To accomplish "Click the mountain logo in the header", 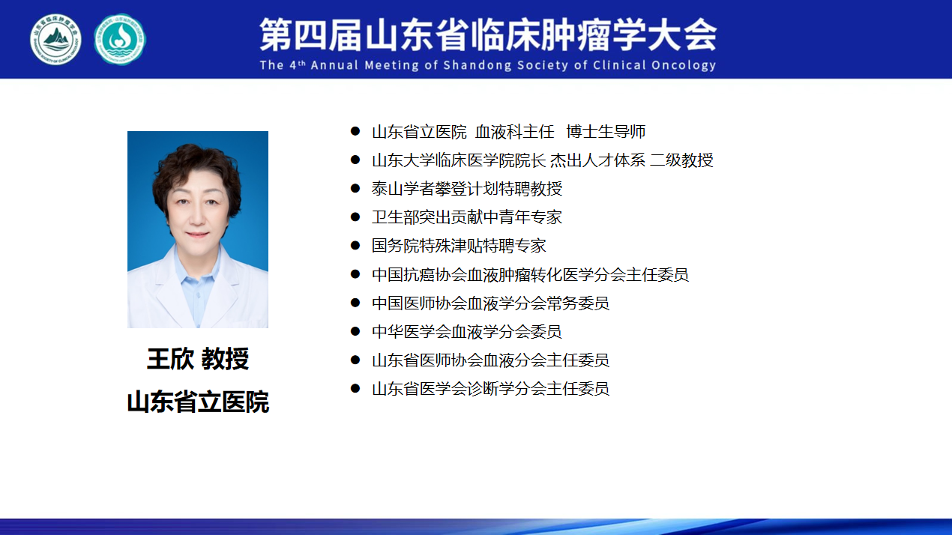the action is (55, 40).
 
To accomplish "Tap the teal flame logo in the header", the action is (120, 40).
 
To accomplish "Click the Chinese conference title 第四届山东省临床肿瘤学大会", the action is (488, 35).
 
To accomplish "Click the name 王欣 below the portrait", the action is (170, 359).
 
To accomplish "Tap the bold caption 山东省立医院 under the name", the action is (198, 402).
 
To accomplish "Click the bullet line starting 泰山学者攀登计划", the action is (467, 189).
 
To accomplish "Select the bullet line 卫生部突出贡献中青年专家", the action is (467, 217).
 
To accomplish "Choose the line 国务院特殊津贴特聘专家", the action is (459, 246).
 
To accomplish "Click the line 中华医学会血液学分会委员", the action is (467, 331).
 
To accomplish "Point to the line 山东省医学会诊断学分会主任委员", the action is (490, 388).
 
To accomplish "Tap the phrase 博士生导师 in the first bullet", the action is (606, 132).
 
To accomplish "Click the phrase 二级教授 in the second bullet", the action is (681, 160).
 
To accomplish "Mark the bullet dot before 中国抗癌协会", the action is (355, 274).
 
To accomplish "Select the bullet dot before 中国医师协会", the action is (355, 303).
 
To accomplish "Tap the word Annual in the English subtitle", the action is (334, 65).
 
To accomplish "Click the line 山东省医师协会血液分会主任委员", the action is (490, 360).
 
